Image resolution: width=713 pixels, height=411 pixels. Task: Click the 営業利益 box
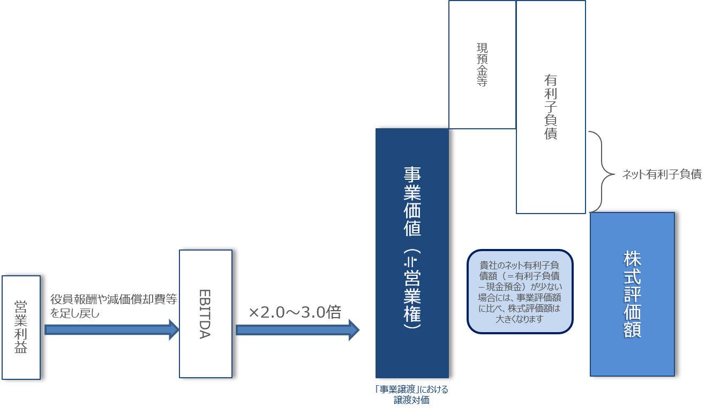coord(21,327)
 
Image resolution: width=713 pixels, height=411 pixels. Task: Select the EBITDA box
coord(206,314)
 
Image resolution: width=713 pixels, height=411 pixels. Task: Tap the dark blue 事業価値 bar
coord(412,253)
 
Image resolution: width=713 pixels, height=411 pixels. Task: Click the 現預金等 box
coord(482,65)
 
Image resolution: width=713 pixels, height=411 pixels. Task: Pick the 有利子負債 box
coord(551,107)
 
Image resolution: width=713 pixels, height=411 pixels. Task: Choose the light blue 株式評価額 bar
coord(632,295)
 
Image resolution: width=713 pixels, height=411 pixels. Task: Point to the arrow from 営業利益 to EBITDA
coord(112,329)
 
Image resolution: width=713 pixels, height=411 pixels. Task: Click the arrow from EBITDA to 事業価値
coord(298,330)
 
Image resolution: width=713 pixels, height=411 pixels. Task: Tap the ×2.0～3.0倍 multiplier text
coord(295,312)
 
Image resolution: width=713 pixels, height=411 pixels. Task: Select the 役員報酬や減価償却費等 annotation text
coord(114,299)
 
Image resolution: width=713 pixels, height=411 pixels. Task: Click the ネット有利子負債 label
coord(662,174)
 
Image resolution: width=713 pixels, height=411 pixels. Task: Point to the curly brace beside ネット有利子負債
coord(602,172)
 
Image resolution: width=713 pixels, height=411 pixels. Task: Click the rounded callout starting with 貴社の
coord(520,292)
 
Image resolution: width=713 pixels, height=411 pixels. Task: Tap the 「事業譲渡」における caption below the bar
coord(411,390)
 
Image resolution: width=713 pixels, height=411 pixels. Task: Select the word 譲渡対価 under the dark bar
coord(411,400)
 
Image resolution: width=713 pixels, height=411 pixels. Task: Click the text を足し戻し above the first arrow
coord(75,313)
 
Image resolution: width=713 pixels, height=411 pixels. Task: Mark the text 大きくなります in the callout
coord(519,319)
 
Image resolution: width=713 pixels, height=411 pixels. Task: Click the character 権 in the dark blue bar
coord(412,314)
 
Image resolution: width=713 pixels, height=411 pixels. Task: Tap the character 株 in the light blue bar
coord(632,259)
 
